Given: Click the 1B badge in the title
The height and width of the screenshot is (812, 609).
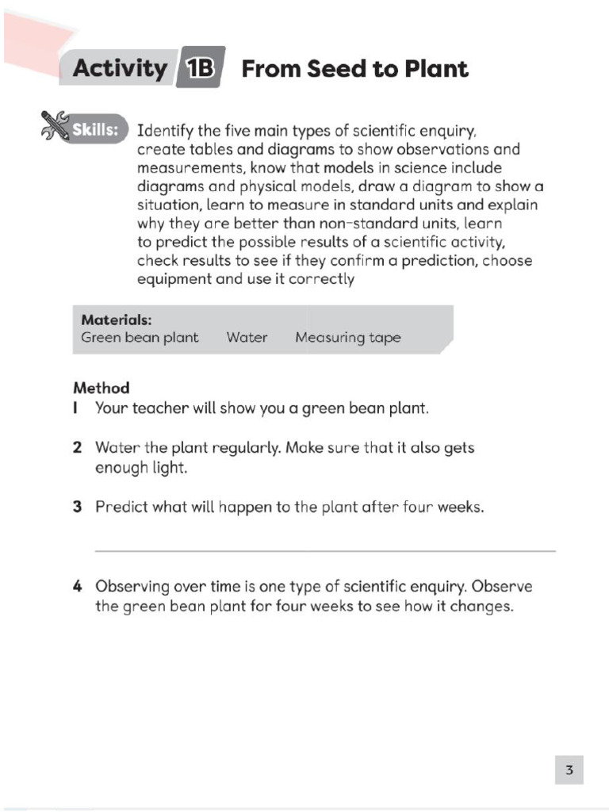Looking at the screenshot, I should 201,69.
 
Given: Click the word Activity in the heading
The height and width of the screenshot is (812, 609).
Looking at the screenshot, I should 120,69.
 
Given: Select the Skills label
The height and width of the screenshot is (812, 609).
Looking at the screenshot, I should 96,129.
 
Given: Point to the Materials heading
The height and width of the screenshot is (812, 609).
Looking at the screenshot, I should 116,320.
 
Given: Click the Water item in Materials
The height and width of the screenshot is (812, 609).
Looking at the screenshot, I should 247,338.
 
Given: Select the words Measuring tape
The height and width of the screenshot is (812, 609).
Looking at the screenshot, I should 347,338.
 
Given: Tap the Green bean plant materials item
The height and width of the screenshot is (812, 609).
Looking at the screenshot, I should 140,338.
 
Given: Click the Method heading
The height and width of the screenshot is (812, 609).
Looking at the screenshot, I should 101,389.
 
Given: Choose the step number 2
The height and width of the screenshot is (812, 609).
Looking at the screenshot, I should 77,448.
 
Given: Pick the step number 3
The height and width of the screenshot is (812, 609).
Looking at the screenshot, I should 77,507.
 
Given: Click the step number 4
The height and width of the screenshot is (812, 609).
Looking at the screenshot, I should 77,588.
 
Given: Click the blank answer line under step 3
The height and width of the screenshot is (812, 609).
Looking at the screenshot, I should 325,550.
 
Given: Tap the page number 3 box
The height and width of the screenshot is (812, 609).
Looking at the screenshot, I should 569,768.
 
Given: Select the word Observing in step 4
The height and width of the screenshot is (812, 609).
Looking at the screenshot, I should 132,588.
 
